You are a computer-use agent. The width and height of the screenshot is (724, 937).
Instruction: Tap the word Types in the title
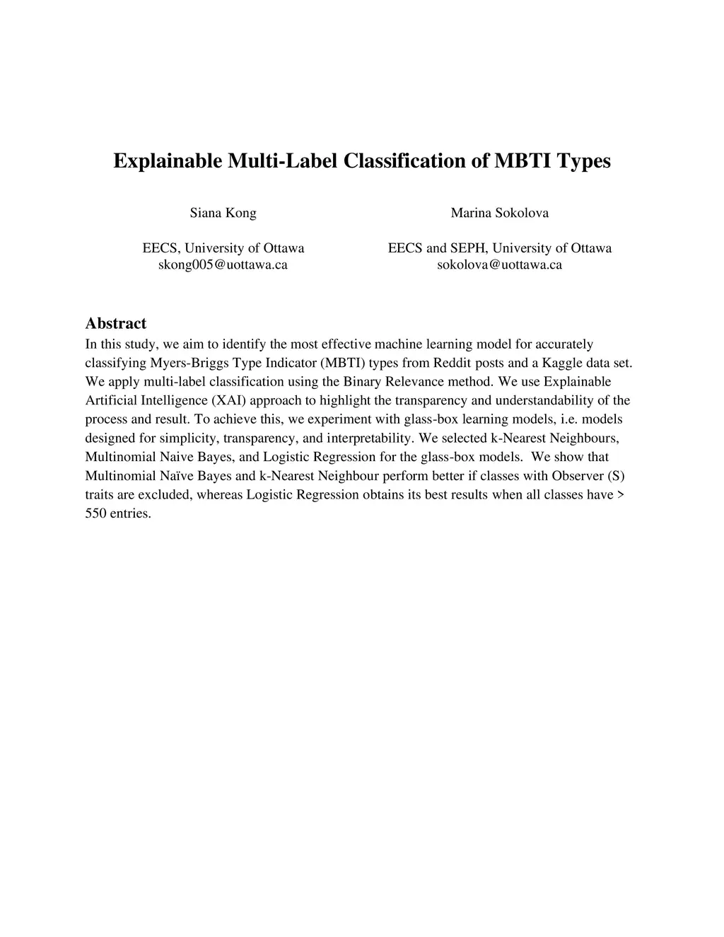pos(583,161)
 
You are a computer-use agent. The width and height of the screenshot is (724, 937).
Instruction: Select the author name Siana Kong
pos(223,213)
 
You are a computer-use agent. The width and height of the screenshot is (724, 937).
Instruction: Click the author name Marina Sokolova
pos(499,213)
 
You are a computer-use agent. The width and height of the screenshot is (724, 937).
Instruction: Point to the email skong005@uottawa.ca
pos(223,265)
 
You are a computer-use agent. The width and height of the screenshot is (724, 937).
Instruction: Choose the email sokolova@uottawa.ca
pos(499,265)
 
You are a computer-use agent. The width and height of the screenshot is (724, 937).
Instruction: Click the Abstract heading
pos(115,324)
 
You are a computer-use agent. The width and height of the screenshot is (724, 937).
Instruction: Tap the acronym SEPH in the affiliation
pos(467,248)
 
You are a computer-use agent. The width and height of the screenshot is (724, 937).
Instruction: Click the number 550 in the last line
pos(95,513)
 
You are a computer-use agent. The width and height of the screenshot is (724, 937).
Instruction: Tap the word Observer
pos(578,476)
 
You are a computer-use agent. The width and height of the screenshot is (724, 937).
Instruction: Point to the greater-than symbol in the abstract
pos(621,495)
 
